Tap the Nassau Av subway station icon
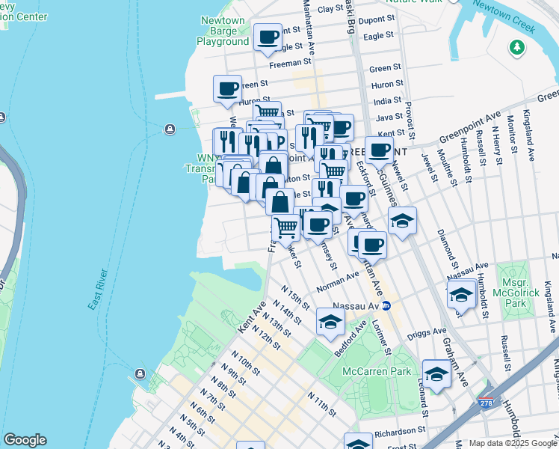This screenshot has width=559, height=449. [x=386, y=305]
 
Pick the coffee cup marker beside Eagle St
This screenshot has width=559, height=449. [x=268, y=37]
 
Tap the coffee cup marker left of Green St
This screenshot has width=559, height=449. [x=228, y=88]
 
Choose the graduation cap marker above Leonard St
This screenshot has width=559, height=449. [x=436, y=373]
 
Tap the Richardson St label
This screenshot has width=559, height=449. [x=400, y=431]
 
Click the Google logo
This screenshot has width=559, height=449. [x=25, y=440]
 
